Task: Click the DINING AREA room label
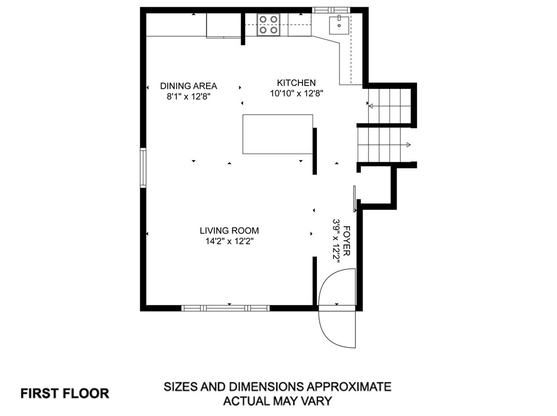tap(188, 86)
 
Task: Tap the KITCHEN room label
tap(296, 83)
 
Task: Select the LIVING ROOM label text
tap(229, 231)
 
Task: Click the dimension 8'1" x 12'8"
tap(188, 97)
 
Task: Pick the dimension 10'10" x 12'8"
tap(296, 93)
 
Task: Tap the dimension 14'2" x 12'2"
tap(230, 241)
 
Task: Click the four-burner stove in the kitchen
tap(268, 25)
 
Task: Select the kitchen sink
tap(339, 25)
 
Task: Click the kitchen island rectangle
tap(278, 134)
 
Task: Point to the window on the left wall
tap(143, 168)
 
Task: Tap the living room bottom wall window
tap(226, 308)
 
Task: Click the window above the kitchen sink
tap(331, 10)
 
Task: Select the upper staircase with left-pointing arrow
tap(389, 106)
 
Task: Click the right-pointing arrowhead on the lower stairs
tap(409, 145)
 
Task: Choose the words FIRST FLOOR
tap(65, 393)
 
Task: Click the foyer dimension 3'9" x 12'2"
tap(336, 241)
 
